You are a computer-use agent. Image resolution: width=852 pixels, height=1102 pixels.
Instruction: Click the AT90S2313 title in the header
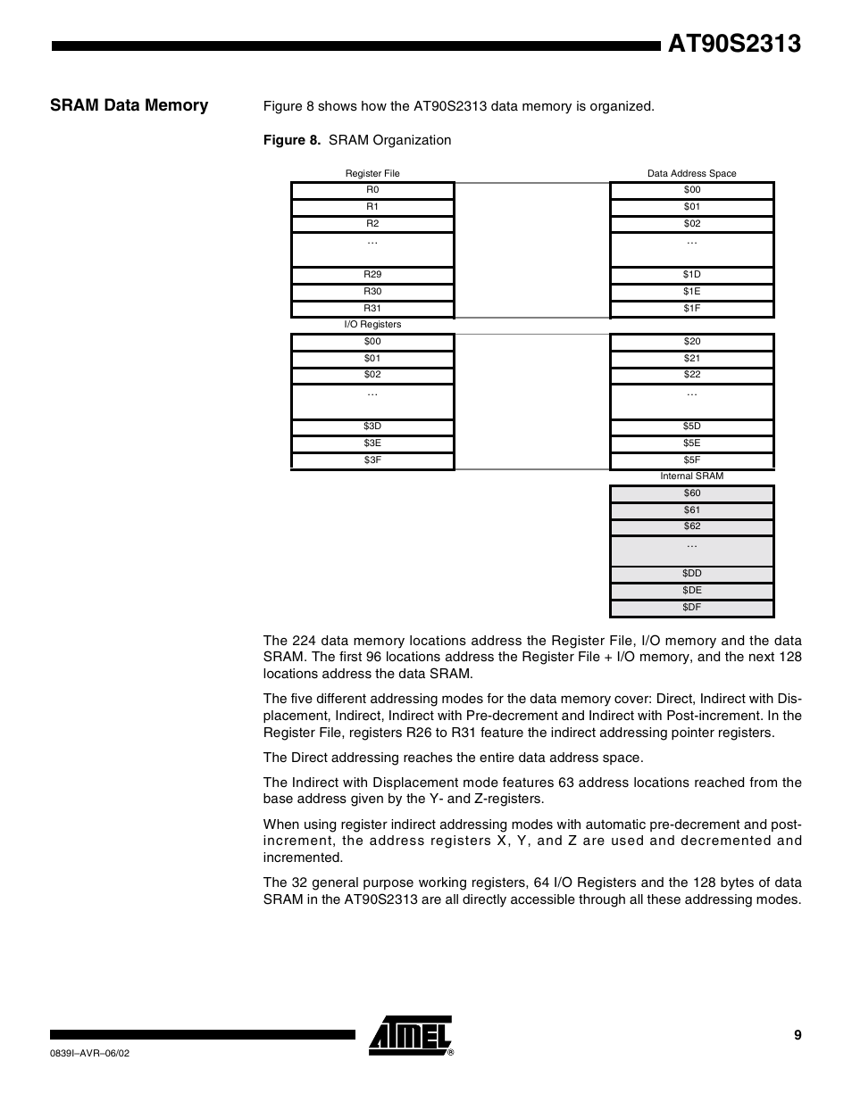pyautogui.click(x=734, y=45)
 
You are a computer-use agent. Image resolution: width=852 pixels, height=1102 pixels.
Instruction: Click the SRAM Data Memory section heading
pyautogui.click(x=129, y=105)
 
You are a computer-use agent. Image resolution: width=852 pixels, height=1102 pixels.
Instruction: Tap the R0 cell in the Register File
pyautogui.click(x=372, y=190)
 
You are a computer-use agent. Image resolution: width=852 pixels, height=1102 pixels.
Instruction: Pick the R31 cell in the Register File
pyautogui.click(x=372, y=309)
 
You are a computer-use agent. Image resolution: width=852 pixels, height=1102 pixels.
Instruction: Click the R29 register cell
pyautogui.click(x=372, y=275)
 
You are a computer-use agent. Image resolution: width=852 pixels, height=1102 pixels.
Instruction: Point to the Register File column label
pyautogui.click(x=372, y=173)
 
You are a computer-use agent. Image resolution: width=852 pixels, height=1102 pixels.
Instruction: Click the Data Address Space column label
pyautogui.click(x=691, y=173)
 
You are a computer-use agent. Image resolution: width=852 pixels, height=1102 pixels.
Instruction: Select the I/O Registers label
pyautogui.click(x=372, y=325)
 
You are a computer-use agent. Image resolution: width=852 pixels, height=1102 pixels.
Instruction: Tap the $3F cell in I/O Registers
pyautogui.click(x=372, y=460)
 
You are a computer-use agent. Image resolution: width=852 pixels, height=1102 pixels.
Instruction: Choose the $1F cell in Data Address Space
pyautogui.click(x=691, y=309)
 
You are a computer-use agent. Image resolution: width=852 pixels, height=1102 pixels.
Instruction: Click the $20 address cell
pyautogui.click(x=691, y=342)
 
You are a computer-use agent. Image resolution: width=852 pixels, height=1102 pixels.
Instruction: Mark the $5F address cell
pyautogui.click(x=691, y=460)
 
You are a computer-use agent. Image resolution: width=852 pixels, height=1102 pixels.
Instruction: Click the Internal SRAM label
pyautogui.click(x=691, y=476)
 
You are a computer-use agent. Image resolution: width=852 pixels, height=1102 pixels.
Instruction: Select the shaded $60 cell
pyautogui.click(x=691, y=493)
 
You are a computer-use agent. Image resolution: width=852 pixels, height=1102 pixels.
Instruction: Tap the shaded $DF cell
pyautogui.click(x=691, y=608)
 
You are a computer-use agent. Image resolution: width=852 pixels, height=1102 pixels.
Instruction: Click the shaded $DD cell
pyautogui.click(x=691, y=574)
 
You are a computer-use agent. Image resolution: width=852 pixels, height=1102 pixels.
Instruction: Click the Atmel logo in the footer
pyautogui.click(x=411, y=1036)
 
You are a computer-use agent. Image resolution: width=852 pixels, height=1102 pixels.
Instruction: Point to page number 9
pyautogui.click(x=797, y=1035)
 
